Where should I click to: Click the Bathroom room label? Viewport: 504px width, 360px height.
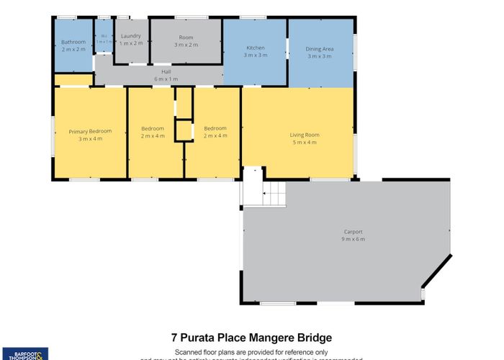coord(73,42)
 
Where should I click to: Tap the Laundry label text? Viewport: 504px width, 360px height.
coord(130,35)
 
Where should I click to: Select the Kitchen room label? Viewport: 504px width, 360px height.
coord(256,48)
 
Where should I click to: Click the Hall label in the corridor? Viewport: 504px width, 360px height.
coord(166,72)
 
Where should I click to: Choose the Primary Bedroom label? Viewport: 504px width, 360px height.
coord(90,131)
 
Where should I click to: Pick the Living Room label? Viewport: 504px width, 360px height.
coord(305,135)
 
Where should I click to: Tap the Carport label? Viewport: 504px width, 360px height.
coord(353,232)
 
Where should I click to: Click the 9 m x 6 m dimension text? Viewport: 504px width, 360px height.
coord(353,239)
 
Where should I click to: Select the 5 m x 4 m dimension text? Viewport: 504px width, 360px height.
coord(305,142)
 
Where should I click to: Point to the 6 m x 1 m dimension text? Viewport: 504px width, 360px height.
coord(166,78)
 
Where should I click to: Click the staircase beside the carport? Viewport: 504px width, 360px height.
coord(274,193)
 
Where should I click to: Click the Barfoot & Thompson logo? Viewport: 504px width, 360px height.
coord(24,354)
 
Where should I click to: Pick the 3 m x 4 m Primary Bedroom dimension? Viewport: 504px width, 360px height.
coord(90,138)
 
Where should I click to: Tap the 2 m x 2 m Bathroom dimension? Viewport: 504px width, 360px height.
coord(73,49)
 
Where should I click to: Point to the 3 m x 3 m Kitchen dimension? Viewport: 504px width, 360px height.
coord(256,55)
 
